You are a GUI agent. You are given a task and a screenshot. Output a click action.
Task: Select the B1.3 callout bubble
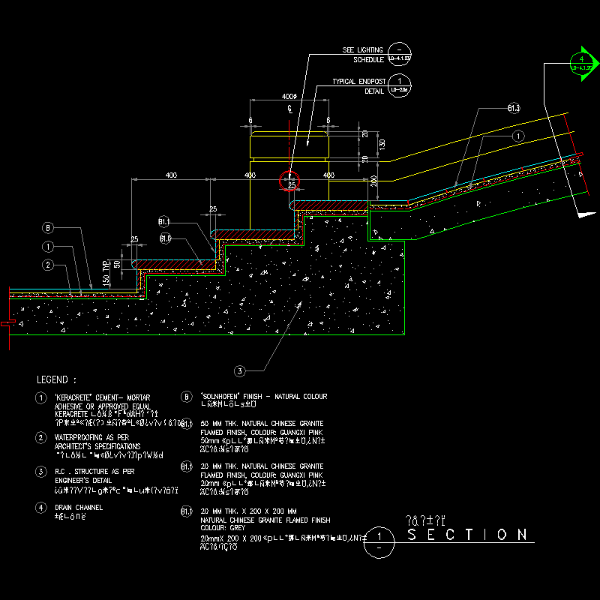point(514,109)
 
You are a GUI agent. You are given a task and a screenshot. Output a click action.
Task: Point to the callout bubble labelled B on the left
point(47,228)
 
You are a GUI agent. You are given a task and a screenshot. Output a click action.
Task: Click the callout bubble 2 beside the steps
point(47,264)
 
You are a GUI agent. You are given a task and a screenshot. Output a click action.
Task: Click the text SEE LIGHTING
point(363,49)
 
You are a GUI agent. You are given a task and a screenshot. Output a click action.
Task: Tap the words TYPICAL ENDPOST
point(358,82)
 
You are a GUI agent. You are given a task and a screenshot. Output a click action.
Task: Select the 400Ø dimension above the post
point(289,97)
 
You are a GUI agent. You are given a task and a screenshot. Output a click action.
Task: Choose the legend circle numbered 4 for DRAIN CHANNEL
point(41,507)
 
